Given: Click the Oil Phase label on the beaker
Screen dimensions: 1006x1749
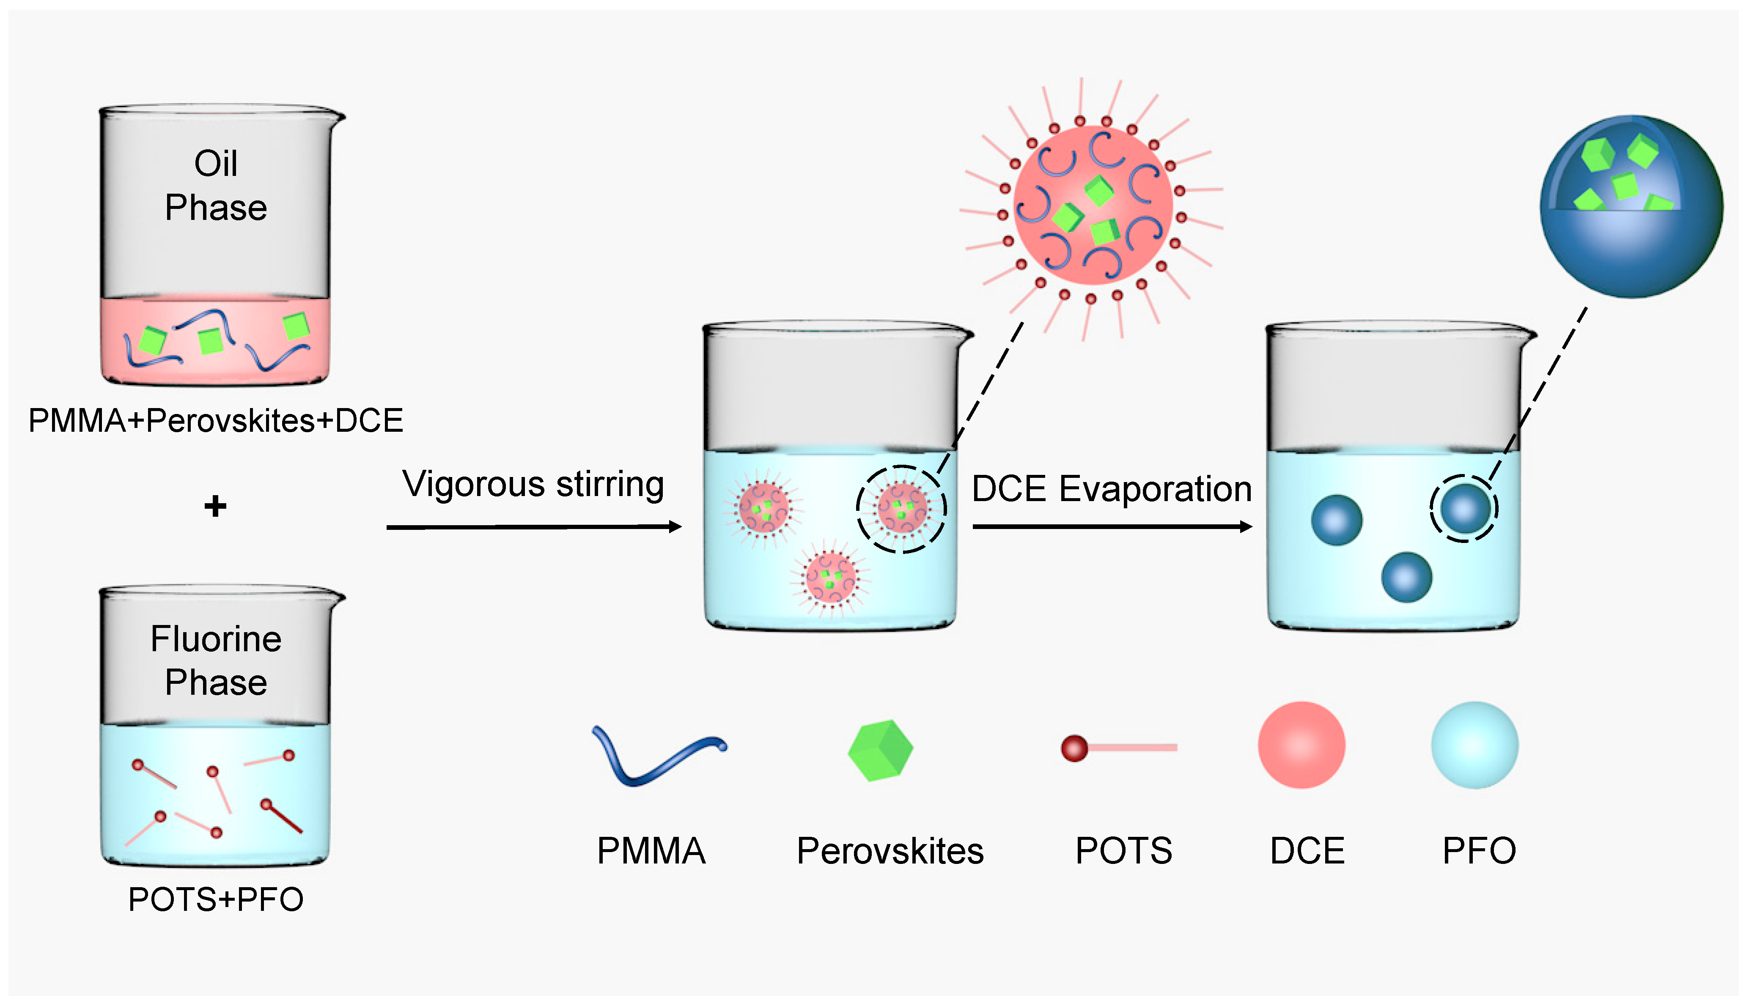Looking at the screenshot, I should point(216,185).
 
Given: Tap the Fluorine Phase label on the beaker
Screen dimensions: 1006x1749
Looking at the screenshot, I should point(216,660).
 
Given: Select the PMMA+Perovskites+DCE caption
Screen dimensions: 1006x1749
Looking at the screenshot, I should point(216,421).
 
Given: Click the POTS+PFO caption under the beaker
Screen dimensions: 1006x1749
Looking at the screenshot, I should point(216,899).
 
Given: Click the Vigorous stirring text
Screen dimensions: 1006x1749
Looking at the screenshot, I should point(533,484).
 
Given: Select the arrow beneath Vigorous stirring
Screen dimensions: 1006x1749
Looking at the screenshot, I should point(533,527).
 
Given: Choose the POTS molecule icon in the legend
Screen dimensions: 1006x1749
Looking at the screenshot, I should point(1117,748).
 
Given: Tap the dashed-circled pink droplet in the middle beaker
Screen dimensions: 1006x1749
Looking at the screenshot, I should point(901,509).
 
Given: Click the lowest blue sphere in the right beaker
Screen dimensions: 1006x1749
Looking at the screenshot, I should point(1406,577).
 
